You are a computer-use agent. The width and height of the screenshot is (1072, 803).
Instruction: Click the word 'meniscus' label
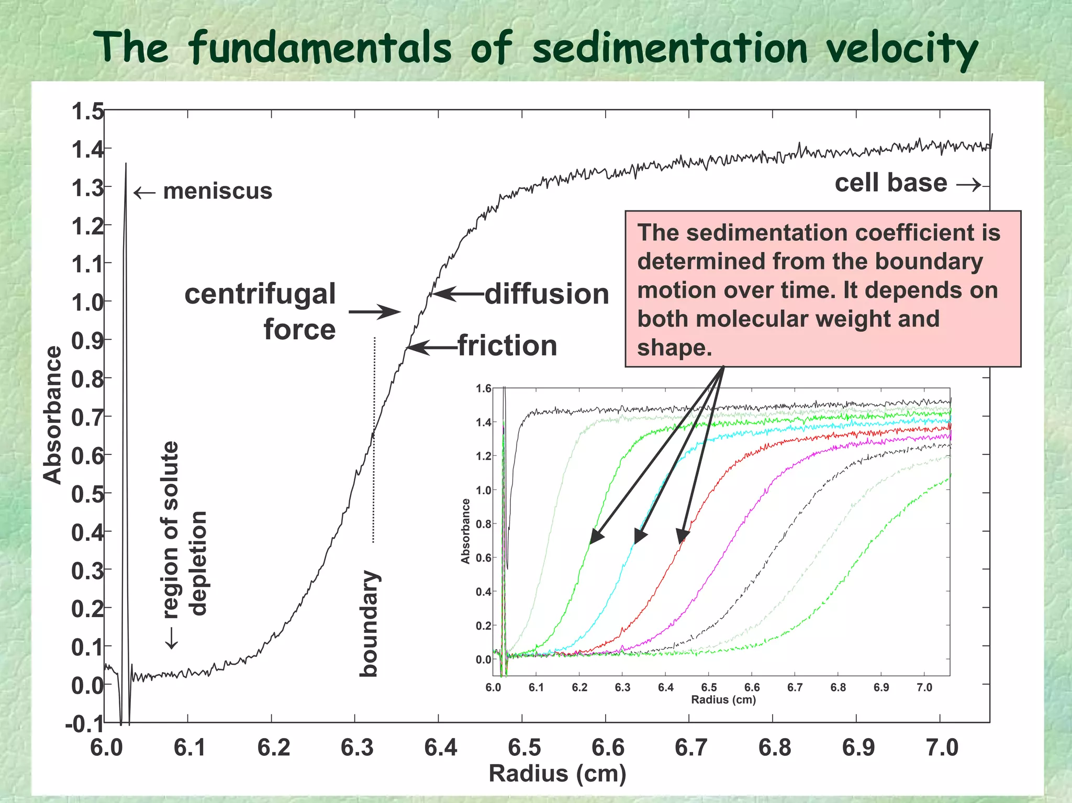point(217,191)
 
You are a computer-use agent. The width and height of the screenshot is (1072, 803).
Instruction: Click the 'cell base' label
point(890,183)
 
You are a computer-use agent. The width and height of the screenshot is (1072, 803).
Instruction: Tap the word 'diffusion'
point(546,294)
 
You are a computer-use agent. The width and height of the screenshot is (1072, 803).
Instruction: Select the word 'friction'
point(507,346)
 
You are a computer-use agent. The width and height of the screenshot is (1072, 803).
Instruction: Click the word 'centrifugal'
point(260,294)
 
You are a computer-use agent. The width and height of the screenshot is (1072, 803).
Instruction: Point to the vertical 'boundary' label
point(369,623)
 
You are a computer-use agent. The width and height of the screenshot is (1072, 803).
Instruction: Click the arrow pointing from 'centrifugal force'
point(374,312)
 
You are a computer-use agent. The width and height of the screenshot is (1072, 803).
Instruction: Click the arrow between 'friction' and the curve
point(432,347)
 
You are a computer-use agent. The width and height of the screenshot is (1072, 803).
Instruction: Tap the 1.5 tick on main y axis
point(87,111)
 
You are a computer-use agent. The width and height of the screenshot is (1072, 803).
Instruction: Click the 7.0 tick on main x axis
point(942,747)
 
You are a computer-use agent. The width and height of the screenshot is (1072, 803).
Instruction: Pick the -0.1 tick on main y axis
point(84,724)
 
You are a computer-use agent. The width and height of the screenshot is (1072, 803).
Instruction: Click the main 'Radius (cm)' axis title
point(557,774)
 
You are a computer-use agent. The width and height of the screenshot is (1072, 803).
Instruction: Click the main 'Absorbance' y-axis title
point(52,415)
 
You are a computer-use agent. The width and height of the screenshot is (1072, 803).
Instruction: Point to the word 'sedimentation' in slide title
point(670,48)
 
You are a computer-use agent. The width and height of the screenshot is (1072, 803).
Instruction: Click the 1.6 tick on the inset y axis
point(483,388)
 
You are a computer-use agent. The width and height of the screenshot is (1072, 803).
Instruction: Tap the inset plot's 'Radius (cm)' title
point(723,700)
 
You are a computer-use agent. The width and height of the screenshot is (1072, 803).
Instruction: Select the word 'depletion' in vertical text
point(198,563)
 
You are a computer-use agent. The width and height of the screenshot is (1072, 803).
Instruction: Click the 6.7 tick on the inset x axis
point(795,687)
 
